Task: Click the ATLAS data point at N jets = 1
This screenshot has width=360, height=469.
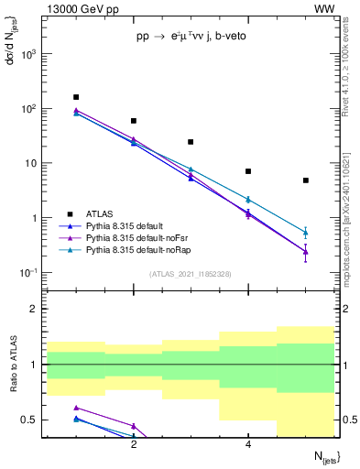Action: (x=76, y=97)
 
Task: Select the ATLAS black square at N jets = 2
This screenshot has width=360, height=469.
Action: (x=134, y=121)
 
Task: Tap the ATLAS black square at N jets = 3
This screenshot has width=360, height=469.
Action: (x=191, y=142)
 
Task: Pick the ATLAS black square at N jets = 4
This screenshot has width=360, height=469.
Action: (x=248, y=171)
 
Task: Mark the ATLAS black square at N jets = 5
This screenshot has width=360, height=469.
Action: (x=306, y=180)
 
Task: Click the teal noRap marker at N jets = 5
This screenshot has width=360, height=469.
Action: (x=306, y=233)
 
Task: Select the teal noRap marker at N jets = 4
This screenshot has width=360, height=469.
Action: (x=248, y=199)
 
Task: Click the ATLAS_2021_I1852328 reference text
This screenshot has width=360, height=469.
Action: (x=191, y=274)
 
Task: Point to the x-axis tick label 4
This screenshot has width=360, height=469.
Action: (x=248, y=444)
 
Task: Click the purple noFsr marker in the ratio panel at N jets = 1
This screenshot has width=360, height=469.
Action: (x=76, y=408)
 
